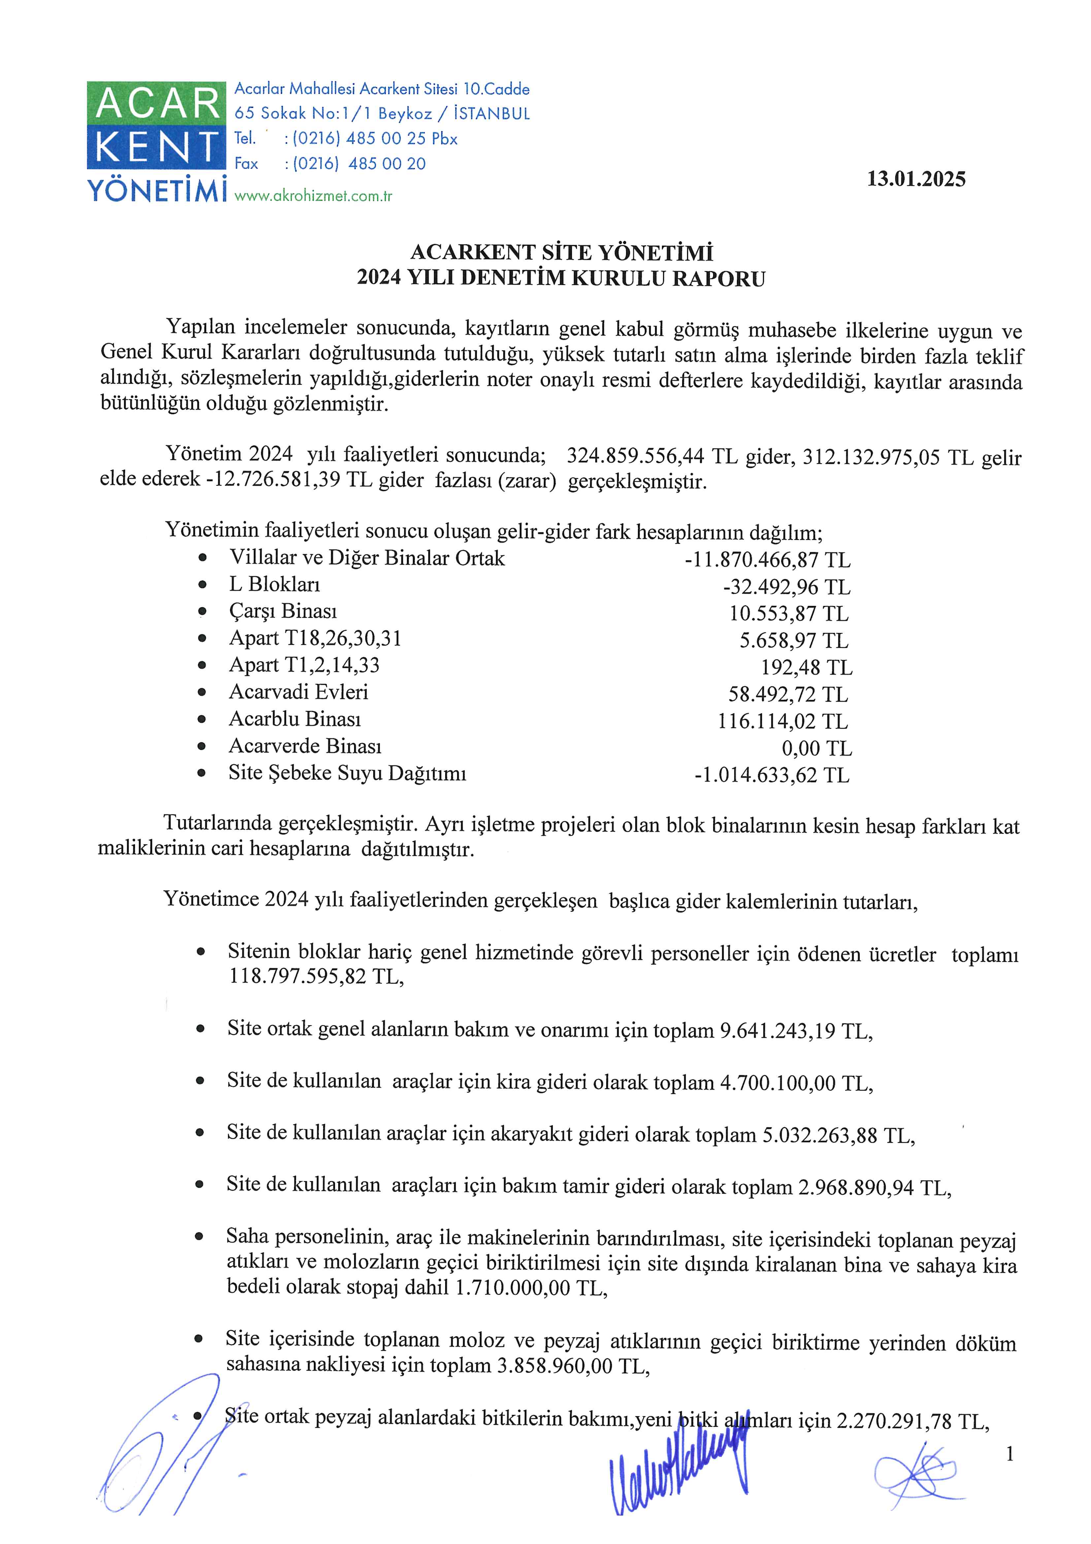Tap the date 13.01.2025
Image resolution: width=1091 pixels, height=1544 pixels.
[915, 180]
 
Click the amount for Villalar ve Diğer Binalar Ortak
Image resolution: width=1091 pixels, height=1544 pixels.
[767, 559]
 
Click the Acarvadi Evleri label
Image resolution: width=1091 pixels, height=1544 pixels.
[298, 692]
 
